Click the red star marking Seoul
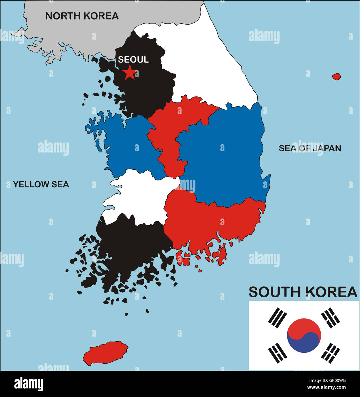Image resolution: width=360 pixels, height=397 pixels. [x=130, y=73]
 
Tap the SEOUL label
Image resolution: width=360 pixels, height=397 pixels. [x=133, y=59]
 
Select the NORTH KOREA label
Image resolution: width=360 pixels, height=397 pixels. [x=82, y=16]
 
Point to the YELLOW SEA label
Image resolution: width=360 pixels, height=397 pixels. [x=41, y=185]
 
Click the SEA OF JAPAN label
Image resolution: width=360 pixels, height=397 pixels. [x=310, y=148]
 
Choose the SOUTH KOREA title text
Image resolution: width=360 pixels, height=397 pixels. [x=303, y=292]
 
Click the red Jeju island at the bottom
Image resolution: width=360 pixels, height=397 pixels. [x=105, y=352]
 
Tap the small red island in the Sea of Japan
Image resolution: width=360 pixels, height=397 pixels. [x=336, y=77]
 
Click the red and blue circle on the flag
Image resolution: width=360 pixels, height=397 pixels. [x=304, y=336]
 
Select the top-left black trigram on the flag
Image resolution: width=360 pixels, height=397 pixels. [x=278, y=318]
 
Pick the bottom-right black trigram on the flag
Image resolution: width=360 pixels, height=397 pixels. [x=331, y=353]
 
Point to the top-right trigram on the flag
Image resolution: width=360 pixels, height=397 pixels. [x=331, y=318]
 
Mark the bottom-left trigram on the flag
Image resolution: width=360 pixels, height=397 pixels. [x=278, y=353]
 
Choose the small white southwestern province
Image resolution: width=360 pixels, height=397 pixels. [x=140, y=197]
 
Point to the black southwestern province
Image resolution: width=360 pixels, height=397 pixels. [x=128, y=246]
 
